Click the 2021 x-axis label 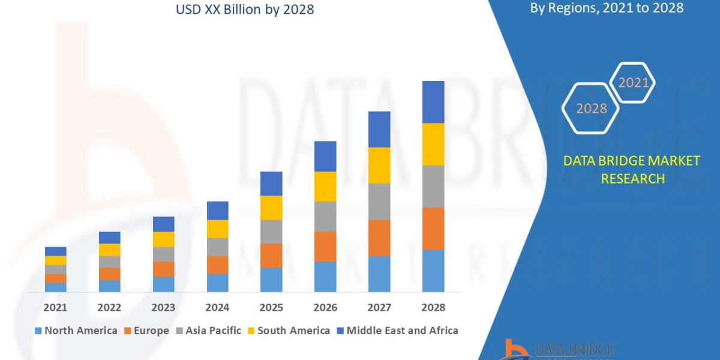tap(55, 307)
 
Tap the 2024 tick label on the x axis tap(217, 307)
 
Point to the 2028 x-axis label tap(433, 307)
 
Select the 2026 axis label tap(325, 307)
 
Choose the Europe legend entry tap(148, 331)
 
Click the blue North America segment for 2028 tap(433, 271)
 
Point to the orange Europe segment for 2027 tap(379, 238)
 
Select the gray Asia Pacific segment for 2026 tap(325, 217)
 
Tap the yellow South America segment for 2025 tap(271, 208)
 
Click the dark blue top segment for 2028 tap(433, 102)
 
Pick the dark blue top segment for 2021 tap(55, 251)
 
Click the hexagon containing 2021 tap(632, 83)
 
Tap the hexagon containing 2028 tap(590, 109)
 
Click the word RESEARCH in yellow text tap(632, 179)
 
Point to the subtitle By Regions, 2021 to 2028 tap(607, 8)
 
